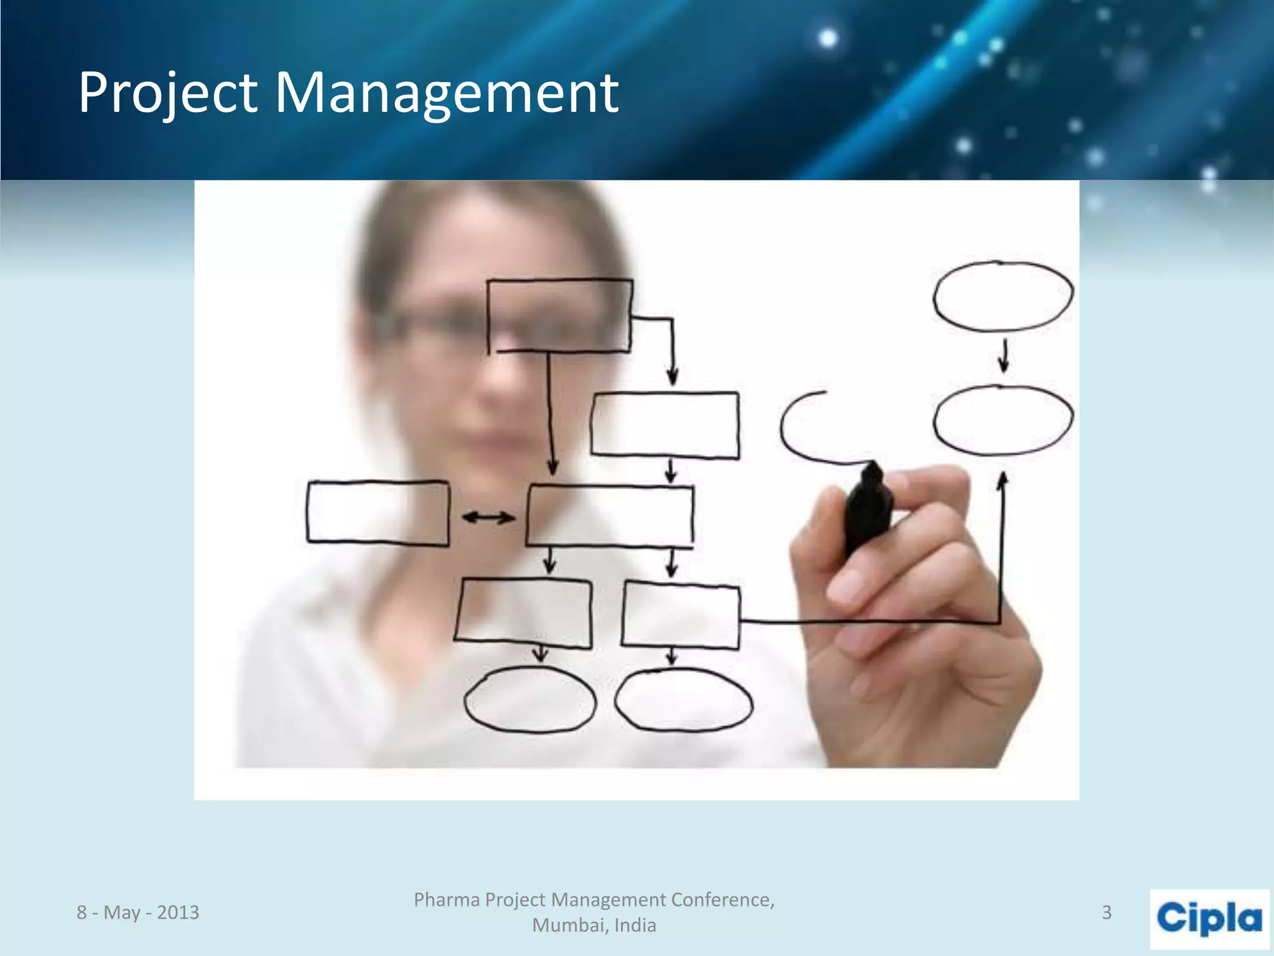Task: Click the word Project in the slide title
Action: tap(167, 93)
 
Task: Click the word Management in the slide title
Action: tap(446, 93)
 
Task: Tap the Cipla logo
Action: tap(1209, 919)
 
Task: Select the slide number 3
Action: tap(1107, 912)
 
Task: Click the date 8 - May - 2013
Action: tap(138, 912)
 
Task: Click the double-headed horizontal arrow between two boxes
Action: tap(488, 517)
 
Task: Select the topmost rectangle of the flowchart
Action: tap(559, 316)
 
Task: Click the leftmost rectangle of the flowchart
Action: tap(378, 513)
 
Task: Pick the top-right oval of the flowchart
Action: tap(1003, 296)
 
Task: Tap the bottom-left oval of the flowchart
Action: tap(529, 700)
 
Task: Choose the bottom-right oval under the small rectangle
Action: tap(683, 700)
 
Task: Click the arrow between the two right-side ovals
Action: tap(1003, 357)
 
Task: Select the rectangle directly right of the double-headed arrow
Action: tap(610, 517)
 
